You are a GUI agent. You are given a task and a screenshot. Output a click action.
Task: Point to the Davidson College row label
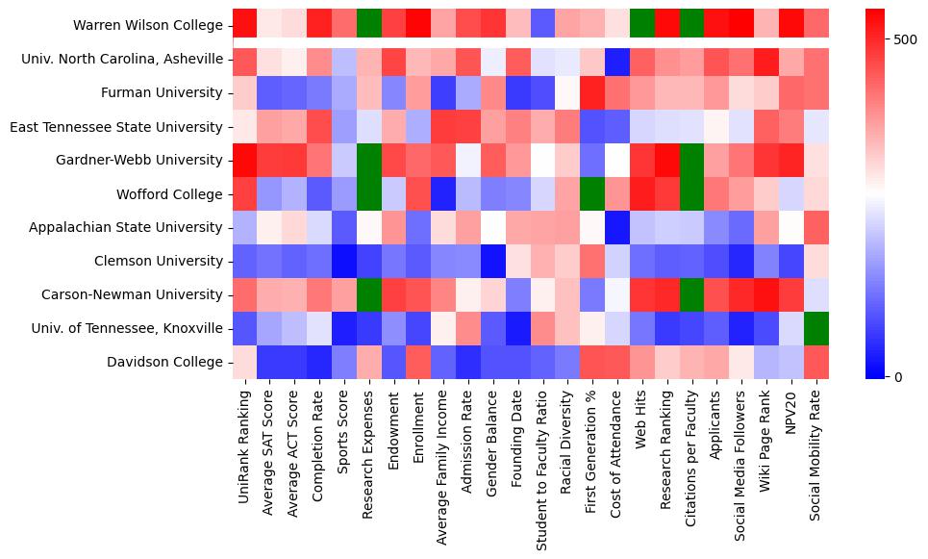click(x=168, y=363)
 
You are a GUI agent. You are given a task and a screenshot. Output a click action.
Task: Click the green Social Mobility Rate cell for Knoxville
click(x=815, y=328)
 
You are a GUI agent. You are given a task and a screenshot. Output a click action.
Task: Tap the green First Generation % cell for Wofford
click(x=591, y=194)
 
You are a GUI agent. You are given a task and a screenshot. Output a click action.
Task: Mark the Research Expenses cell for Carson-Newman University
click(x=366, y=295)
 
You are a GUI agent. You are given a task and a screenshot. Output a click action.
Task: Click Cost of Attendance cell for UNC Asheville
click(x=616, y=60)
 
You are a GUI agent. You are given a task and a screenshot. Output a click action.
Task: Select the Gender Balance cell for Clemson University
click(x=491, y=262)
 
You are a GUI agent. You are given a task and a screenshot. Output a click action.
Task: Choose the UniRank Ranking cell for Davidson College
click(x=244, y=363)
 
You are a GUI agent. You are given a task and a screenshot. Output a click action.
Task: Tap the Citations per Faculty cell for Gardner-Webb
click(x=691, y=161)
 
